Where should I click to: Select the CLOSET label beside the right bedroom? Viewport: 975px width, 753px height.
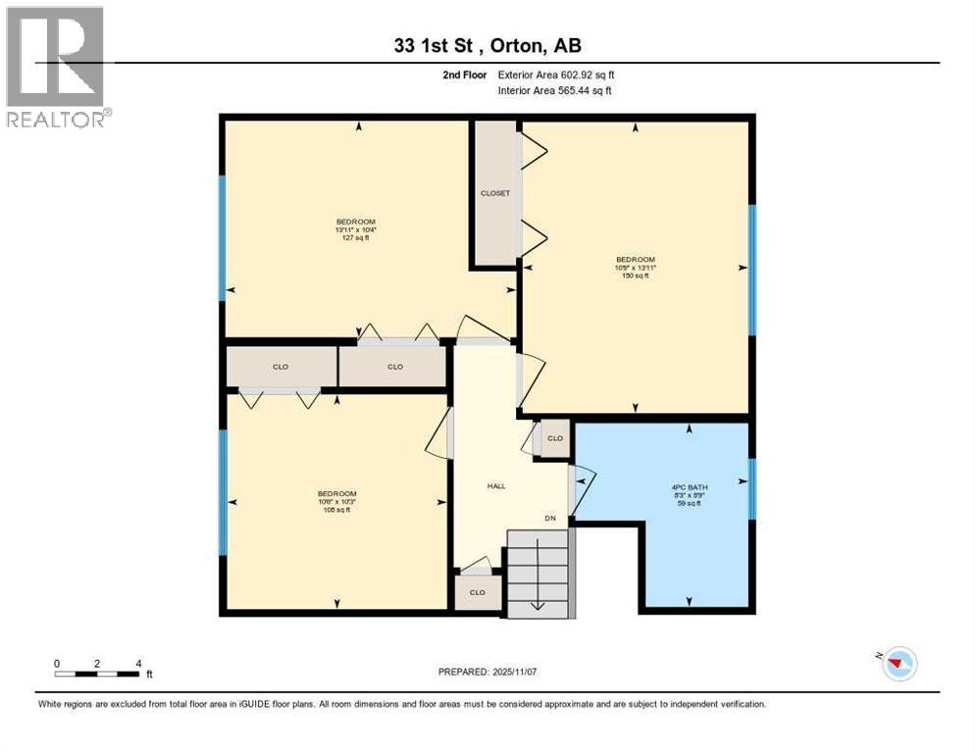pyautogui.click(x=495, y=193)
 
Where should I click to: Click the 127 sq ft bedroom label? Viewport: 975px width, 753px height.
pyautogui.click(x=355, y=229)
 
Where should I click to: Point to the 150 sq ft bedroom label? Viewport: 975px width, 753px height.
pyautogui.click(x=635, y=268)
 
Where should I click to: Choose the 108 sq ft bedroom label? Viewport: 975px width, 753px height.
pyautogui.click(x=335, y=501)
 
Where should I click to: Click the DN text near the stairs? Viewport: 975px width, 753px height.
pyautogui.click(x=551, y=518)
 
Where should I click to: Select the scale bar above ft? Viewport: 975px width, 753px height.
pyautogui.click(x=97, y=674)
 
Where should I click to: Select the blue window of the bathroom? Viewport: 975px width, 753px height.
pyautogui.click(x=751, y=487)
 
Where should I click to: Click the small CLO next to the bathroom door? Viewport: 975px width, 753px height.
pyautogui.click(x=555, y=438)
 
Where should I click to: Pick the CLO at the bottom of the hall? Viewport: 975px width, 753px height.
pyautogui.click(x=478, y=592)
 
